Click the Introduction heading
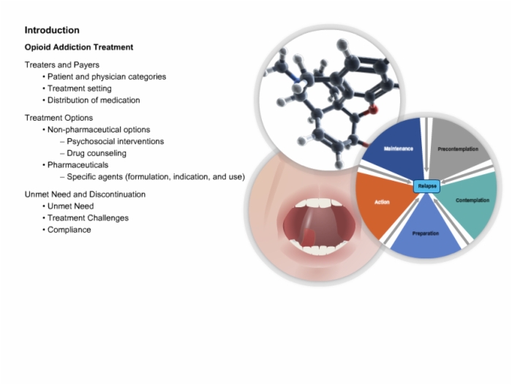point(52,30)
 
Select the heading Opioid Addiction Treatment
point(79,47)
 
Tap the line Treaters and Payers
point(62,64)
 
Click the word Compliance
point(69,230)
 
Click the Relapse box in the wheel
point(427,186)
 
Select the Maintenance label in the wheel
point(399,149)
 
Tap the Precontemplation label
point(458,149)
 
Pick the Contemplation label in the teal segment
point(473,200)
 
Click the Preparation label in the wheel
point(426,233)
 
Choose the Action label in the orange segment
point(382,202)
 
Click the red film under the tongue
point(307,238)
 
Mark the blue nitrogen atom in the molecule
point(296,79)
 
